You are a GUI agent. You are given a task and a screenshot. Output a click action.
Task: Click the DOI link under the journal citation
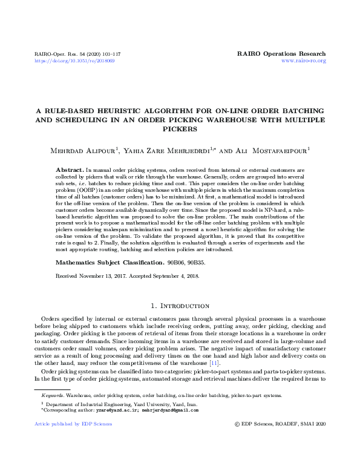tap(74, 61)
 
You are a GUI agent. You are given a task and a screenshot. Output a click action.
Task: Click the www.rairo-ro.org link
tap(304, 61)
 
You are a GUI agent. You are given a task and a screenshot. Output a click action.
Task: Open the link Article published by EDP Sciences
tap(66, 441)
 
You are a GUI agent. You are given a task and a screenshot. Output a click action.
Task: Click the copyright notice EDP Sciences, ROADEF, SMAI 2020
tap(283, 441)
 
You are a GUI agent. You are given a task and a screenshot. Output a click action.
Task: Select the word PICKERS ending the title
tap(180, 129)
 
